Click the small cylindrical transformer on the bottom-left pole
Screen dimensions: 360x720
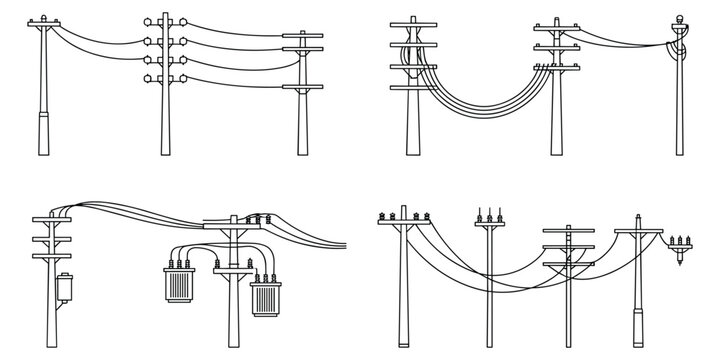click(x=65, y=287)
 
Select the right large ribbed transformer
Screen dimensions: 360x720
click(x=265, y=295)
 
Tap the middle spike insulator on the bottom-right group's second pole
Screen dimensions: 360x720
click(x=491, y=213)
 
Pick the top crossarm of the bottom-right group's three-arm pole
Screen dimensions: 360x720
click(x=568, y=231)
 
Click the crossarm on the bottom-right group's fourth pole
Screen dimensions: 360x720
click(x=638, y=232)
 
